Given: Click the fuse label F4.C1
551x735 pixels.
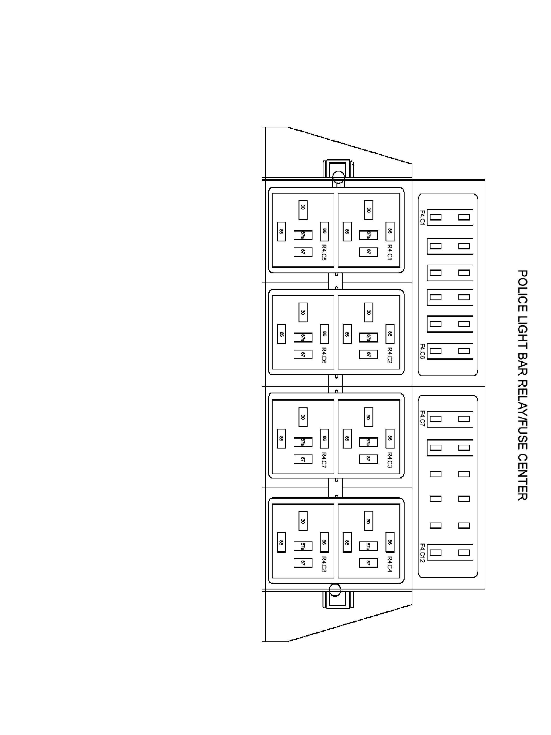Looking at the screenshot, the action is (422, 218).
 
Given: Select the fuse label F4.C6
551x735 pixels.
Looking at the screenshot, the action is (422, 351).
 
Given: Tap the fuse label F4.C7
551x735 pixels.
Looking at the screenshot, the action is (422, 419).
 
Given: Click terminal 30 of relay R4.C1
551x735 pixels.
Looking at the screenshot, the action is (369, 210).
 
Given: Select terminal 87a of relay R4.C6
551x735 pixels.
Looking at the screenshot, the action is (303, 338).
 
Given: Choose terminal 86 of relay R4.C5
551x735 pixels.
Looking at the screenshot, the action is (324, 231).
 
